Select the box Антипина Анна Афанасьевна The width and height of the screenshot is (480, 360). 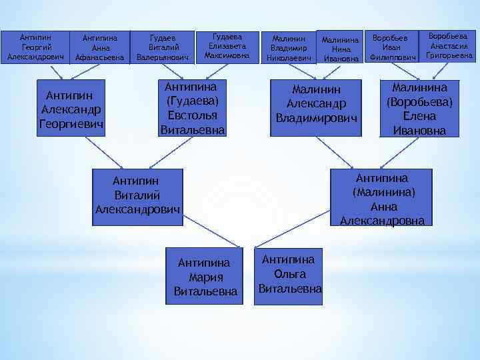coord(99,48)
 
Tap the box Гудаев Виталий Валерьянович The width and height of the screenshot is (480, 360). coord(163,48)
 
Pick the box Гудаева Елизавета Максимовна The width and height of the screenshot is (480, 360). coord(227,47)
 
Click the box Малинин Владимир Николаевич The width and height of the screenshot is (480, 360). coord(289,48)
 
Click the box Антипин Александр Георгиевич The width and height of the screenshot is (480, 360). coord(71,108)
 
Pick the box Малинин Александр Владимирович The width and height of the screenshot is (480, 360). coord(316,103)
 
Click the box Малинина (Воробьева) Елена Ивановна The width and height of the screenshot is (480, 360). coord(420,109)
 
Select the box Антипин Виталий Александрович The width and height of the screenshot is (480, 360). coord(137,195)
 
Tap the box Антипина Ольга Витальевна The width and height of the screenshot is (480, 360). coord(289,274)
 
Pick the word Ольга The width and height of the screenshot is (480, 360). coord(289,274)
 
